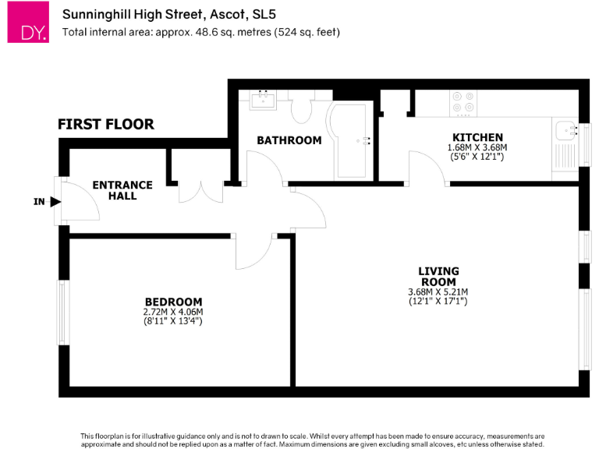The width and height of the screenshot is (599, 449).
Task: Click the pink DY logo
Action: (28, 23)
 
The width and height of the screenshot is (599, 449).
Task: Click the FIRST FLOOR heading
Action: (105, 124)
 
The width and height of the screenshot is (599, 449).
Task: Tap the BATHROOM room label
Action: (289, 140)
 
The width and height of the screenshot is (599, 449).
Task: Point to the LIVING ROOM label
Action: (439, 276)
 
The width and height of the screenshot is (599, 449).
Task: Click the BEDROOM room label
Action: (173, 302)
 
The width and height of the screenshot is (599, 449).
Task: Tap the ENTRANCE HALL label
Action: (122, 190)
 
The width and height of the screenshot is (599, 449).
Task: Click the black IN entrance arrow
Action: (55, 202)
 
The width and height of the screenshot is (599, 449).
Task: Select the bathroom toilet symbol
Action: (301, 110)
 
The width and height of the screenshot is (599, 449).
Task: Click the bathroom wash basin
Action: (264, 99)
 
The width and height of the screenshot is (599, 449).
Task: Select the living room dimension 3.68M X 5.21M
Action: (438, 292)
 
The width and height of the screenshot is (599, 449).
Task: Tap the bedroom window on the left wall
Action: (61, 312)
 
